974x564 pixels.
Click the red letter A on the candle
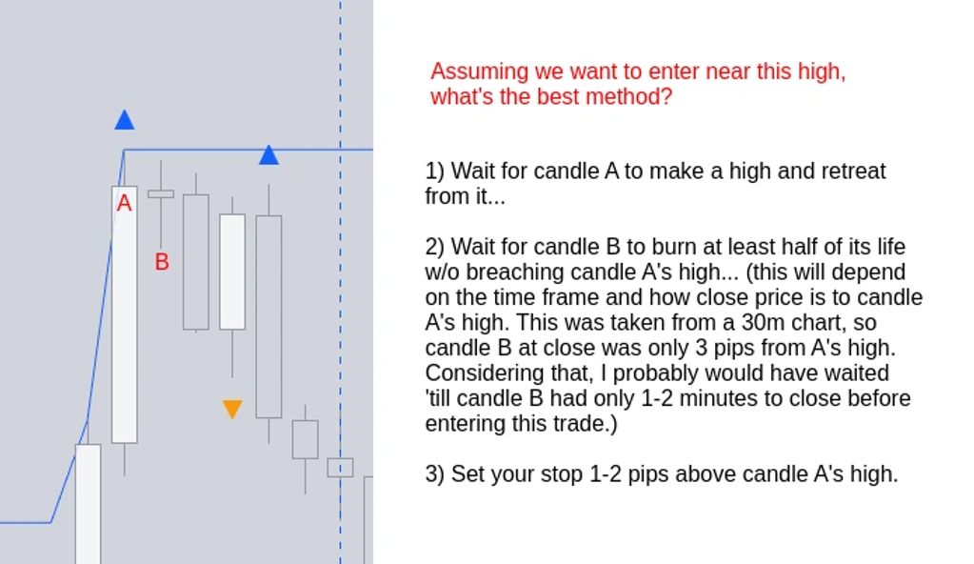click(x=124, y=203)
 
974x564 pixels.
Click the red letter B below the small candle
click(x=162, y=262)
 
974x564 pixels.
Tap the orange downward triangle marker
click(x=232, y=409)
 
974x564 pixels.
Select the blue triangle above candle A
click(x=124, y=119)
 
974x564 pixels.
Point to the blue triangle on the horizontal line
click(x=268, y=155)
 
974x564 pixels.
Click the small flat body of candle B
click(x=161, y=194)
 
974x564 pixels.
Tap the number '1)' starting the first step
click(x=435, y=171)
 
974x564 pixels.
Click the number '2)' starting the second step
click(x=435, y=247)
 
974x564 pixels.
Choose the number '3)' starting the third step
click(x=435, y=474)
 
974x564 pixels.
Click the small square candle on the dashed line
click(x=341, y=468)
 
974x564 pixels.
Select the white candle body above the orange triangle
click(x=232, y=272)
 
